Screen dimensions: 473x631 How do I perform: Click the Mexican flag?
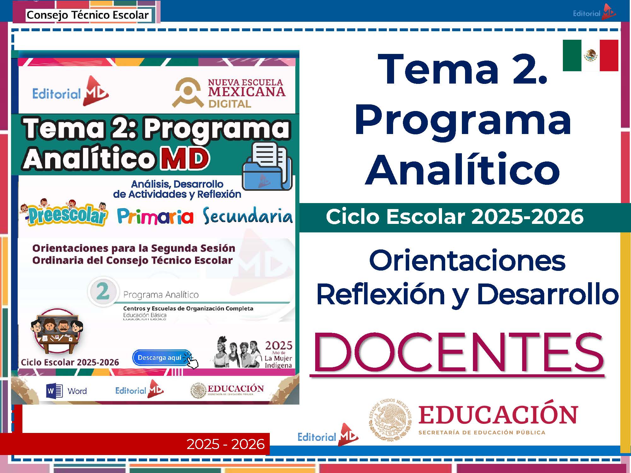click(590, 55)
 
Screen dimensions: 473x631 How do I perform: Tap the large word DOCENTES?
click(458, 353)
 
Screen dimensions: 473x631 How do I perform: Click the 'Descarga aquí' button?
click(162, 358)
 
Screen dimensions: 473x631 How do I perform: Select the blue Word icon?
click(54, 391)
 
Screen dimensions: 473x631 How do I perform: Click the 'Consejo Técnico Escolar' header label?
click(87, 15)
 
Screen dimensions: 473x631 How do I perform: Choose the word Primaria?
click(155, 217)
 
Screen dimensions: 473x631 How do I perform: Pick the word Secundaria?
click(247, 216)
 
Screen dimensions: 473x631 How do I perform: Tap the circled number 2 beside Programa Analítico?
click(103, 291)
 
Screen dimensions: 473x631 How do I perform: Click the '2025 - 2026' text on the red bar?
click(226, 444)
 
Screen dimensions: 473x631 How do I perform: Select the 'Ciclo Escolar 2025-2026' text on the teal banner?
click(454, 217)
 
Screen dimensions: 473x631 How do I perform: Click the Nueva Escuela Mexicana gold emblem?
click(188, 92)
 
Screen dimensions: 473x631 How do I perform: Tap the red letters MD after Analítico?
click(185, 158)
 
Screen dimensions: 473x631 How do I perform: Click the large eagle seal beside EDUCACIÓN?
click(390, 420)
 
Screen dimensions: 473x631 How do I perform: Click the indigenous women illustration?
click(237, 352)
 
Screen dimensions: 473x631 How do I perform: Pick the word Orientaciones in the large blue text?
click(467, 261)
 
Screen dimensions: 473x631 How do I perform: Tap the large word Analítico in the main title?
click(462, 170)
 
